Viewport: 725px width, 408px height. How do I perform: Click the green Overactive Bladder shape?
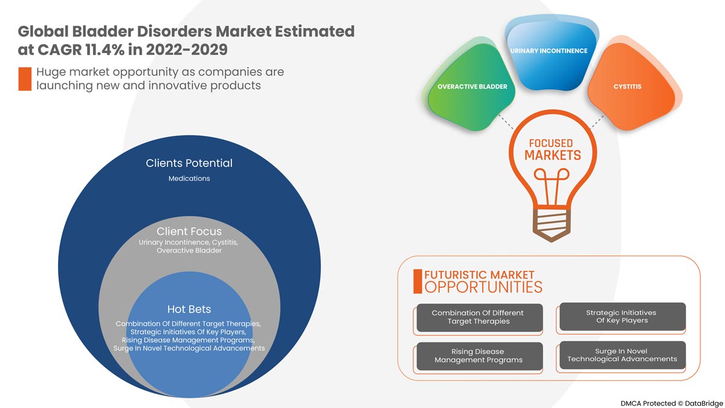471,91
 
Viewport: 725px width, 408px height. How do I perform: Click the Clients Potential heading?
189,163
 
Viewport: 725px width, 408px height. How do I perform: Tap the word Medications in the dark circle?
189,178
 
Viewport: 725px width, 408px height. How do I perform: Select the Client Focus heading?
189,232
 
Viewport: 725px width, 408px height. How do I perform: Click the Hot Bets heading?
189,309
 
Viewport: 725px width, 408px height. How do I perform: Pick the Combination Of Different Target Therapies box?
478,317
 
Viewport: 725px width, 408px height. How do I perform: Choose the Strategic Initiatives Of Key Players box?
621,317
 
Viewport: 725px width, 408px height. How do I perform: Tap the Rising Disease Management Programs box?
478,356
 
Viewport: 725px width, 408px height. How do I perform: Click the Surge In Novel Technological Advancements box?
622,355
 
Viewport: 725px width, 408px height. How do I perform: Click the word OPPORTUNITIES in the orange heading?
483,287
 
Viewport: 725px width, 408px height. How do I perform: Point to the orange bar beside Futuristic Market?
417,281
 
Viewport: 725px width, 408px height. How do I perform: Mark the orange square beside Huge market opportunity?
25,79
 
